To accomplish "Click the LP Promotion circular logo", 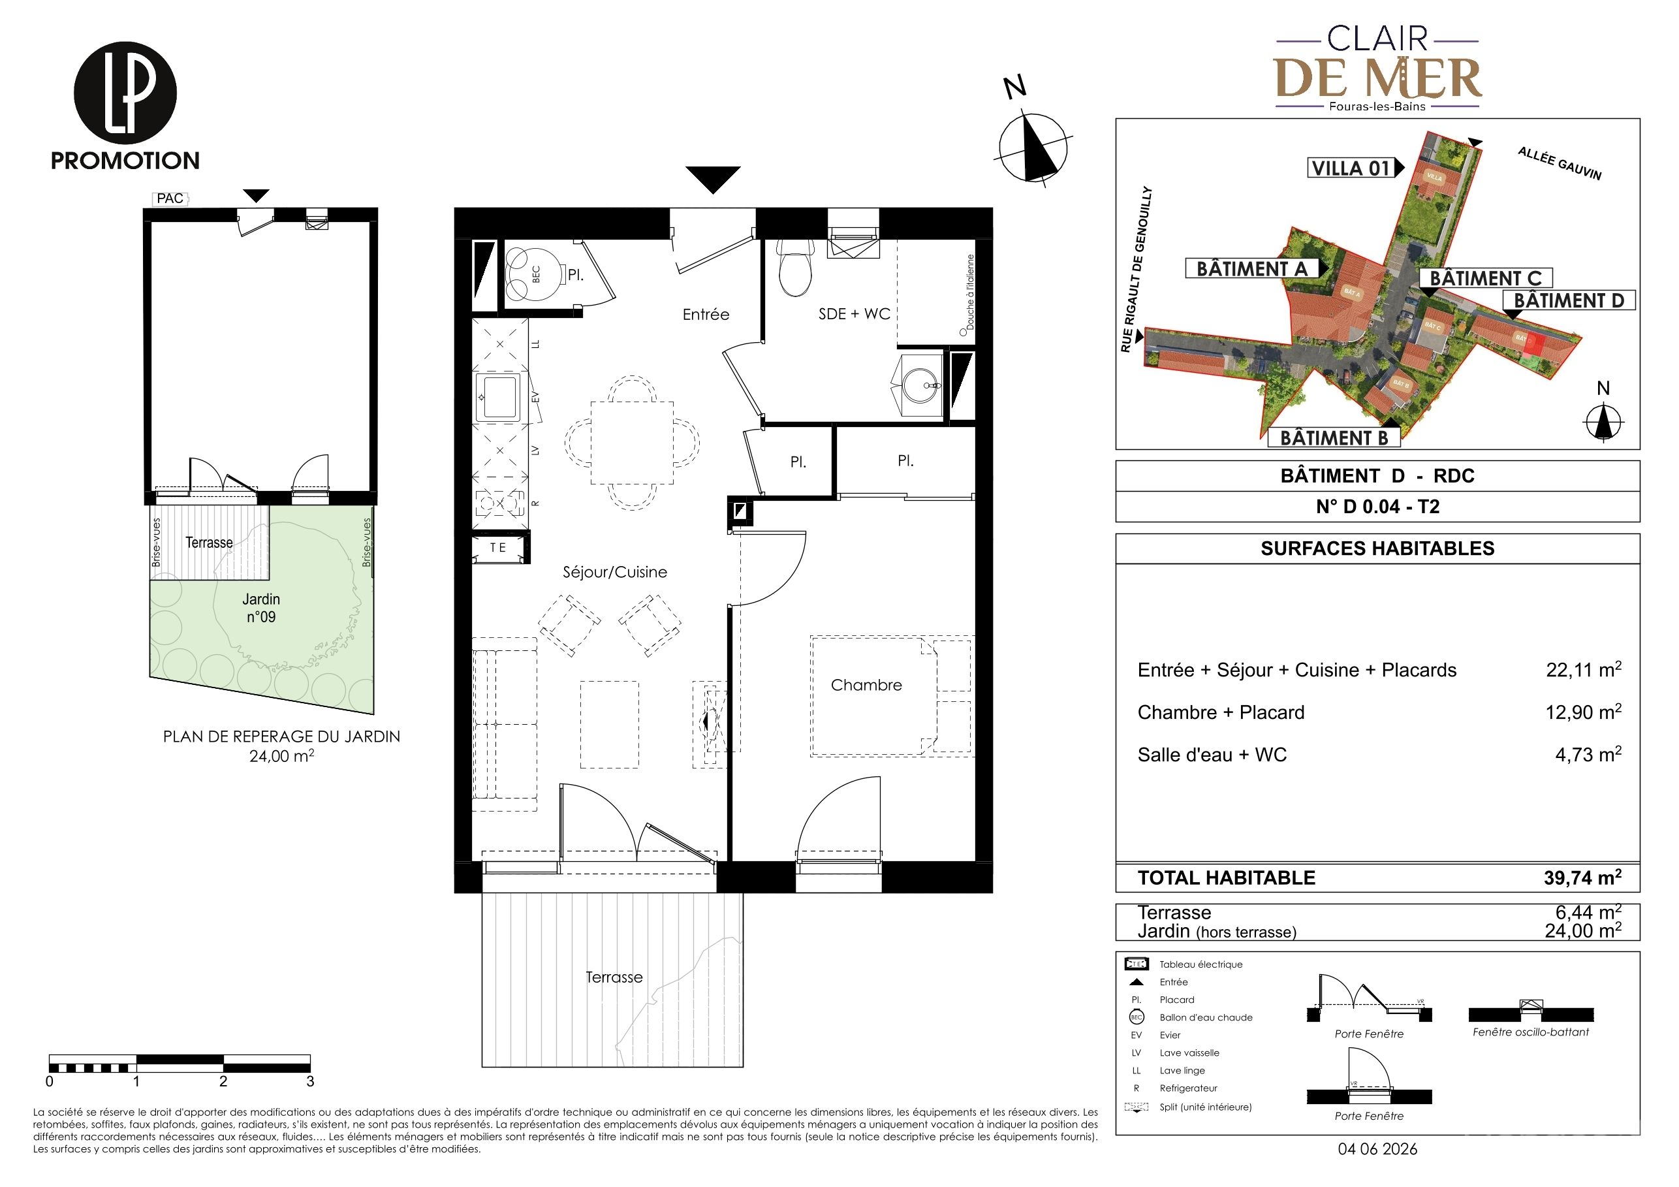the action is click(125, 93).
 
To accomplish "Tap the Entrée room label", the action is click(706, 315).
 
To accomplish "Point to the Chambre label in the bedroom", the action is click(866, 686).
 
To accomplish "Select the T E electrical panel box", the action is click(499, 548).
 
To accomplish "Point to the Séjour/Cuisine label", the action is click(614, 572).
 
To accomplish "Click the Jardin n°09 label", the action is click(261, 608).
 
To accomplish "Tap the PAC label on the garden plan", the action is click(170, 198).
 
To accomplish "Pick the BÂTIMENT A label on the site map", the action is click(1251, 269).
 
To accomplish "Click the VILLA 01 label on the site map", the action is click(1351, 168).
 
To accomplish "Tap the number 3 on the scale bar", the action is click(310, 1081).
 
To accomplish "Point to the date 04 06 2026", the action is click(1377, 1149).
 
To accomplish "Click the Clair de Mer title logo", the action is click(1377, 69).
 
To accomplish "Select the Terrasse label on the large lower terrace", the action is click(614, 977).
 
